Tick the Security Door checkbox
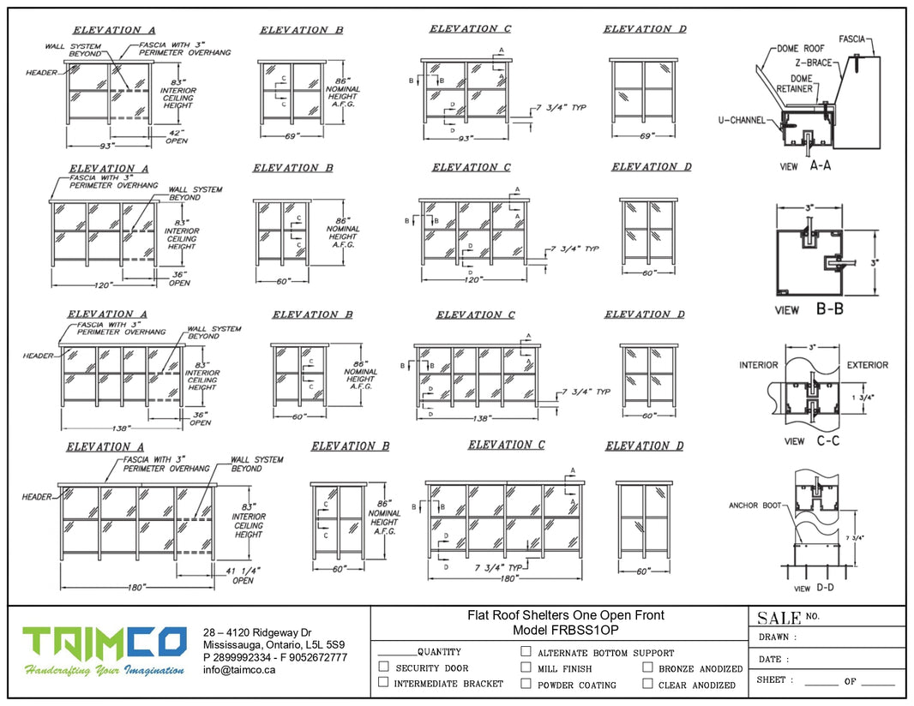(x=384, y=667)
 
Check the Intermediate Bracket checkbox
(x=384, y=682)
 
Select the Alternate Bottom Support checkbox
(x=526, y=651)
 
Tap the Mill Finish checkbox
(x=526, y=667)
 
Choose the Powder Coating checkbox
(x=526, y=684)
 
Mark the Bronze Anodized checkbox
(x=647, y=667)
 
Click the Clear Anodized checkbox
(x=647, y=684)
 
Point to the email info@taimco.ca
(x=239, y=670)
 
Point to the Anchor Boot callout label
(x=755, y=506)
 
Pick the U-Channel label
(x=742, y=121)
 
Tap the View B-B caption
(x=809, y=308)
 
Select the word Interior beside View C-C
(x=759, y=365)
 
